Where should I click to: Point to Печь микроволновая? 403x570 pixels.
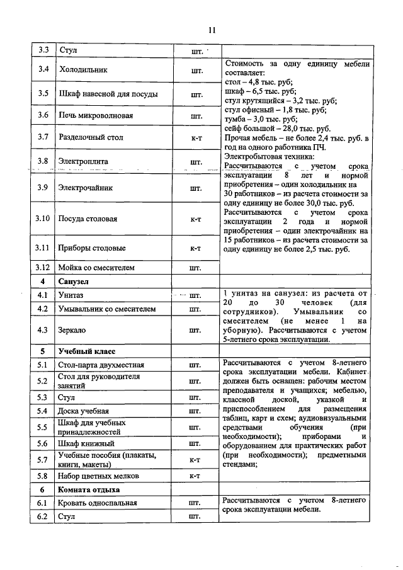(x=95, y=115)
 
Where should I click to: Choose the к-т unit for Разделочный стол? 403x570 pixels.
(x=195, y=137)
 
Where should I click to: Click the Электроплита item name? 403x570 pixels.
(x=83, y=161)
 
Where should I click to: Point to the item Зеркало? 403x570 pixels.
(x=72, y=329)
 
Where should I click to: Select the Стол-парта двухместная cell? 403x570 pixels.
(x=101, y=365)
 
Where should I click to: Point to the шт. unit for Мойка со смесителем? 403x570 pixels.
(x=195, y=268)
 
